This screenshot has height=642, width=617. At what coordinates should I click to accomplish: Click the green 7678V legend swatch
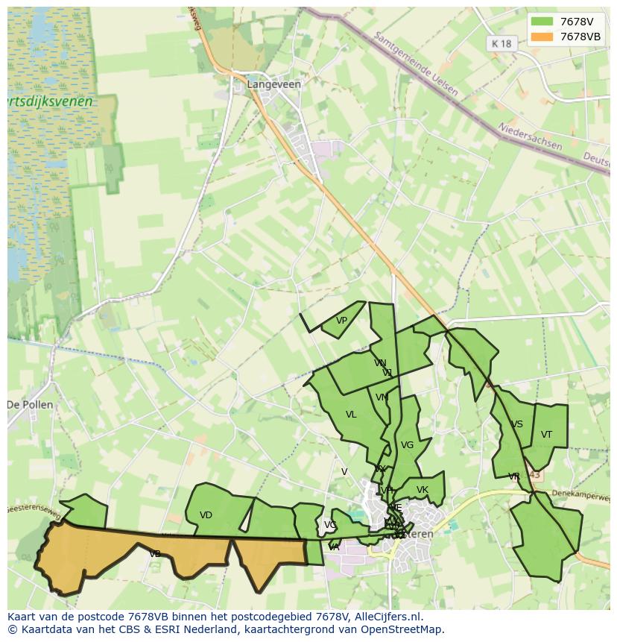[542, 22]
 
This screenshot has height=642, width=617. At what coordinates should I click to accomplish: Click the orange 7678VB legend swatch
[542, 37]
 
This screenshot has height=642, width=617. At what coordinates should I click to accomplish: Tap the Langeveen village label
[274, 84]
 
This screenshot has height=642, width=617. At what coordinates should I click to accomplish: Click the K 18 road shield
[502, 44]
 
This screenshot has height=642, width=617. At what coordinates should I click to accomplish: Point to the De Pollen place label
[30, 405]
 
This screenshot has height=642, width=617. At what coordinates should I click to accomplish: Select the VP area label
[341, 321]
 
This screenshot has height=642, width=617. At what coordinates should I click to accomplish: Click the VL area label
[351, 415]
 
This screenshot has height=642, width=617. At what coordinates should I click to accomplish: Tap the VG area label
[407, 445]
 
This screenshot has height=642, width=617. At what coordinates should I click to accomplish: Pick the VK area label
[423, 490]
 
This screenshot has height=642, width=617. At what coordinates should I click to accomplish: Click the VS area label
[516, 424]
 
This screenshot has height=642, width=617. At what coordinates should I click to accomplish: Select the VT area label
[546, 435]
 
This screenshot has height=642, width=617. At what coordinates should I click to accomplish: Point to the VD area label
[206, 515]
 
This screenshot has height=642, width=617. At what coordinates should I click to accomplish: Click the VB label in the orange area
[155, 554]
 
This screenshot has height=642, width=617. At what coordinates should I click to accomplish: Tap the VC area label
[329, 525]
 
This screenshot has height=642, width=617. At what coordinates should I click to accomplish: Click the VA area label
[334, 547]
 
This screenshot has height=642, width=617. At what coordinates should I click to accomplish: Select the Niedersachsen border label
[531, 136]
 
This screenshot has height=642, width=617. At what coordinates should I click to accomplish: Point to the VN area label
[380, 363]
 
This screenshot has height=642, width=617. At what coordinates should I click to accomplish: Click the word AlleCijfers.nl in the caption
[387, 617]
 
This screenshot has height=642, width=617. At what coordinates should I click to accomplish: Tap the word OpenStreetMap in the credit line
[402, 629]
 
